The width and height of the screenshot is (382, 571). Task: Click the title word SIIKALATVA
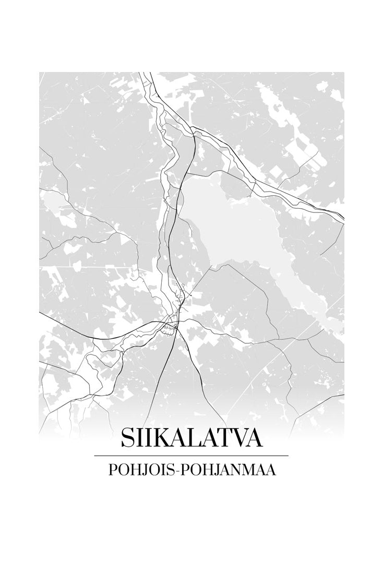click(191, 438)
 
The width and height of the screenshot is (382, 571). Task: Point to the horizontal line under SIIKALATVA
click(191, 456)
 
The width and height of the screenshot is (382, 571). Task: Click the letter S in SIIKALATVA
click(127, 438)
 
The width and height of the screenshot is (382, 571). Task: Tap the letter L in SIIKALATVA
click(193, 438)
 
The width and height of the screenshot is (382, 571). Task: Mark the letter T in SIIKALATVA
click(225, 438)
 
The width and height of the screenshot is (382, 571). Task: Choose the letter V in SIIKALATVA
click(241, 438)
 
